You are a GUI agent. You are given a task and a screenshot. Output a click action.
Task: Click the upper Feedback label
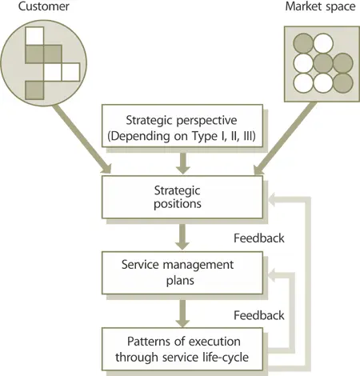pos(258,238)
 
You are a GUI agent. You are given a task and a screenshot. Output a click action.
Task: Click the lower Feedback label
pos(258,314)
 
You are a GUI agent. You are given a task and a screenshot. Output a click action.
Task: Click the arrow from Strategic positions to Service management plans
pos(182,235)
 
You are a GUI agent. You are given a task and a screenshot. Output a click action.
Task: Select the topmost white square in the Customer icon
pos(34,36)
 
